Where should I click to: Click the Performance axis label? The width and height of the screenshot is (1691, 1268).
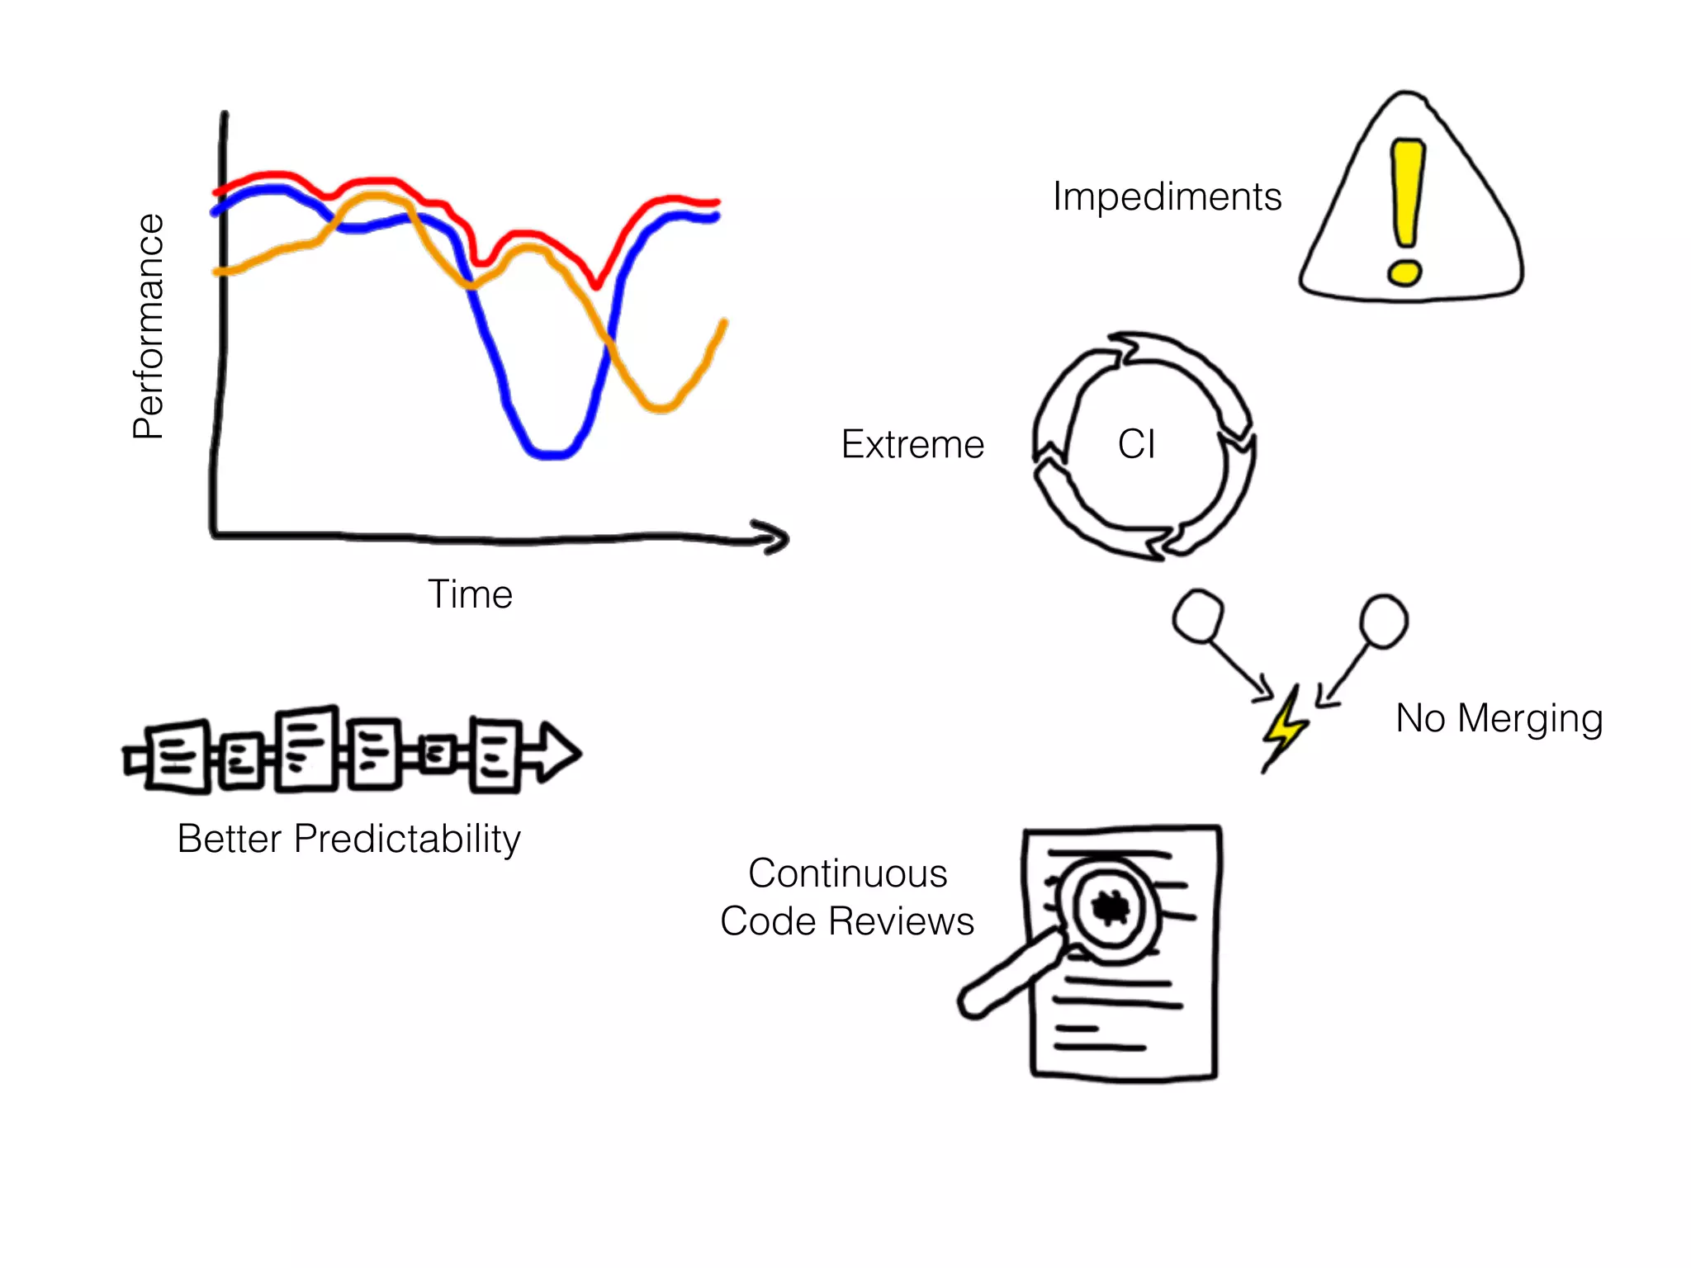(x=149, y=326)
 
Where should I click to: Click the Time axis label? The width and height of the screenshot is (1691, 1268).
(x=470, y=594)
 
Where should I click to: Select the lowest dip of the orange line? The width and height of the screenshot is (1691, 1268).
(x=660, y=406)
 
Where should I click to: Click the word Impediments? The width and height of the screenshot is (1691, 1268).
(x=1167, y=197)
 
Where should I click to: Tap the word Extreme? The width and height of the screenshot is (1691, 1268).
(x=912, y=445)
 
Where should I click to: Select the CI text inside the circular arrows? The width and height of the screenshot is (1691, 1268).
(x=1136, y=444)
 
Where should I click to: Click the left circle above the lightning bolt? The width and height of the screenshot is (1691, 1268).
(x=1198, y=616)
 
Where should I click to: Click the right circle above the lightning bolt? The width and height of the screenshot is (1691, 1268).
(x=1384, y=621)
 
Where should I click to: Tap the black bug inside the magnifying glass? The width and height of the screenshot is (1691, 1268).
(x=1109, y=907)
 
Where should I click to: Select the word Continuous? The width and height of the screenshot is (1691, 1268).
(x=847, y=873)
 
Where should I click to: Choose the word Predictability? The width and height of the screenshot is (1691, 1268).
(x=407, y=840)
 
